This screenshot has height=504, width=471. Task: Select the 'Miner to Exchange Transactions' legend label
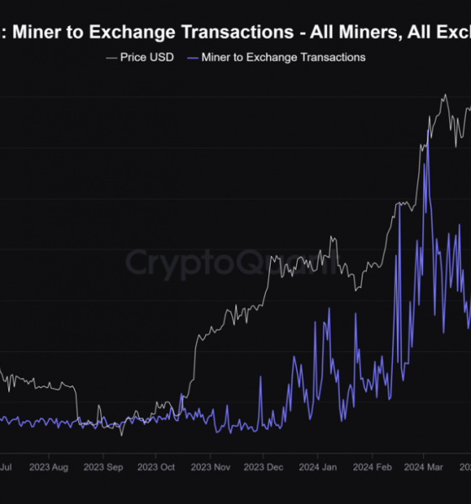[x=283, y=57]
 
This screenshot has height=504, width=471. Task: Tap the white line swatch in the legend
[x=111, y=57]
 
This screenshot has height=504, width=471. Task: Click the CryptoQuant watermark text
[x=235, y=264]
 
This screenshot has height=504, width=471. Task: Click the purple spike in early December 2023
[x=261, y=375]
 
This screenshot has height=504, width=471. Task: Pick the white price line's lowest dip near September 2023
[x=121, y=434]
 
